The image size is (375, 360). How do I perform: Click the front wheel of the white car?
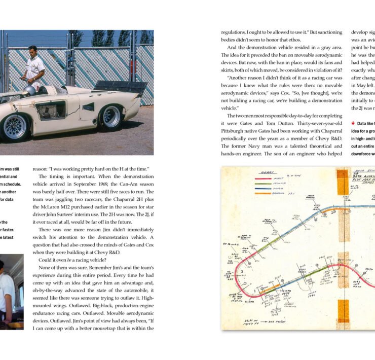15,127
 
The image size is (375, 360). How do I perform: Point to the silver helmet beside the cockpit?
30,91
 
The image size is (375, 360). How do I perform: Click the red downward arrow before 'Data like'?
353,123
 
